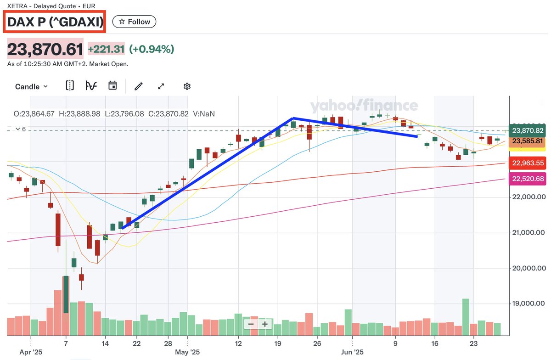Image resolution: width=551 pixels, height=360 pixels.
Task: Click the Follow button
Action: (135, 22)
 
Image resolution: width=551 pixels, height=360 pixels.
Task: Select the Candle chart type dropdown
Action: (31, 86)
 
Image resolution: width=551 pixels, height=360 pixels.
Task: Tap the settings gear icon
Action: (187, 86)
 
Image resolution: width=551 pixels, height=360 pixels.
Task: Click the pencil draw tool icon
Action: (139, 86)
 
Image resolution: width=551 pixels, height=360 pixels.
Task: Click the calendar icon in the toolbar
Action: (112, 86)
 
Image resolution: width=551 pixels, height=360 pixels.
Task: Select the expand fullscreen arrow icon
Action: (161, 86)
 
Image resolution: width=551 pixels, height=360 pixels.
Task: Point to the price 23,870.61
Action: (45, 49)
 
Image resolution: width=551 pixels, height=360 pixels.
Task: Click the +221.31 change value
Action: (107, 49)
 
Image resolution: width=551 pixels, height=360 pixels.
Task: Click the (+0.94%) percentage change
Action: (152, 49)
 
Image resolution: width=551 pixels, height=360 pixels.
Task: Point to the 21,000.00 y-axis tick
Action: (528, 233)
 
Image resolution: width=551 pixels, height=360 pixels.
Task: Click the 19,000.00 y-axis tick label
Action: (528, 304)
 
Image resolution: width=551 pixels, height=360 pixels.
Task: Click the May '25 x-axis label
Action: (188, 353)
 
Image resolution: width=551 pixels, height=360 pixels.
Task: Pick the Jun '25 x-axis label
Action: (352, 353)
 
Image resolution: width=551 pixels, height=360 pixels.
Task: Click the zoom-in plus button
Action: (265, 324)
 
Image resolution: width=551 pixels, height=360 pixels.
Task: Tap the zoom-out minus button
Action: (251, 324)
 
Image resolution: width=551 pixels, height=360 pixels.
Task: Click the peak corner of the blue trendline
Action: (293, 118)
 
